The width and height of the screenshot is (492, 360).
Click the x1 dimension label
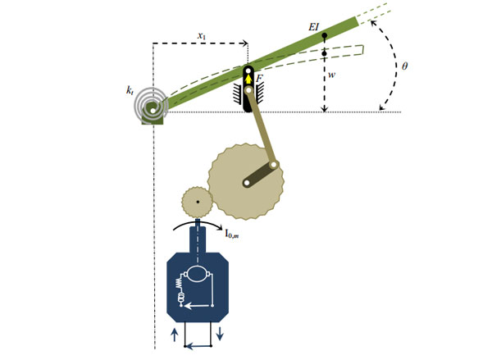click(202, 36)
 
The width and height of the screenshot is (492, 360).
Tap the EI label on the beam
click(313, 27)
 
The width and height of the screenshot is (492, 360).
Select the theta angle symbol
click(405, 66)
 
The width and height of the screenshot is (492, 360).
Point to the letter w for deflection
click(331, 75)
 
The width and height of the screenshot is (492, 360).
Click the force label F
click(259, 79)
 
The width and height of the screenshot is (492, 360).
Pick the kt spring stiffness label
click(130, 90)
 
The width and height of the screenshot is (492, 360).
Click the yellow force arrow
click(248, 79)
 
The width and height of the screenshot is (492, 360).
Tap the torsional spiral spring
click(149, 107)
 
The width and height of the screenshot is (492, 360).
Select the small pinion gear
click(198, 202)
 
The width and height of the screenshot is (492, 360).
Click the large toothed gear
click(246, 182)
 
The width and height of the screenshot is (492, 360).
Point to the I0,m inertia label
click(232, 234)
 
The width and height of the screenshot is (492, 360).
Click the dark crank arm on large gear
click(261, 174)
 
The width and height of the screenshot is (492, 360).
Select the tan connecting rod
click(261, 127)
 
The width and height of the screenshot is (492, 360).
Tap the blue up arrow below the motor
click(175, 335)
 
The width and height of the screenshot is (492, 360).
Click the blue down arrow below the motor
click(220, 333)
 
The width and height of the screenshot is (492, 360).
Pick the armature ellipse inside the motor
click(198, 274)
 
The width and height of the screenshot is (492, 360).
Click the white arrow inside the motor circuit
click(198, 305)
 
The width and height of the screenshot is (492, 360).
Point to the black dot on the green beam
click(325, 35)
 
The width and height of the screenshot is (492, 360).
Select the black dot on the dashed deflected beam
click(325, 53)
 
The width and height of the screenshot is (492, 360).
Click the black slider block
click(248, 89)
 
